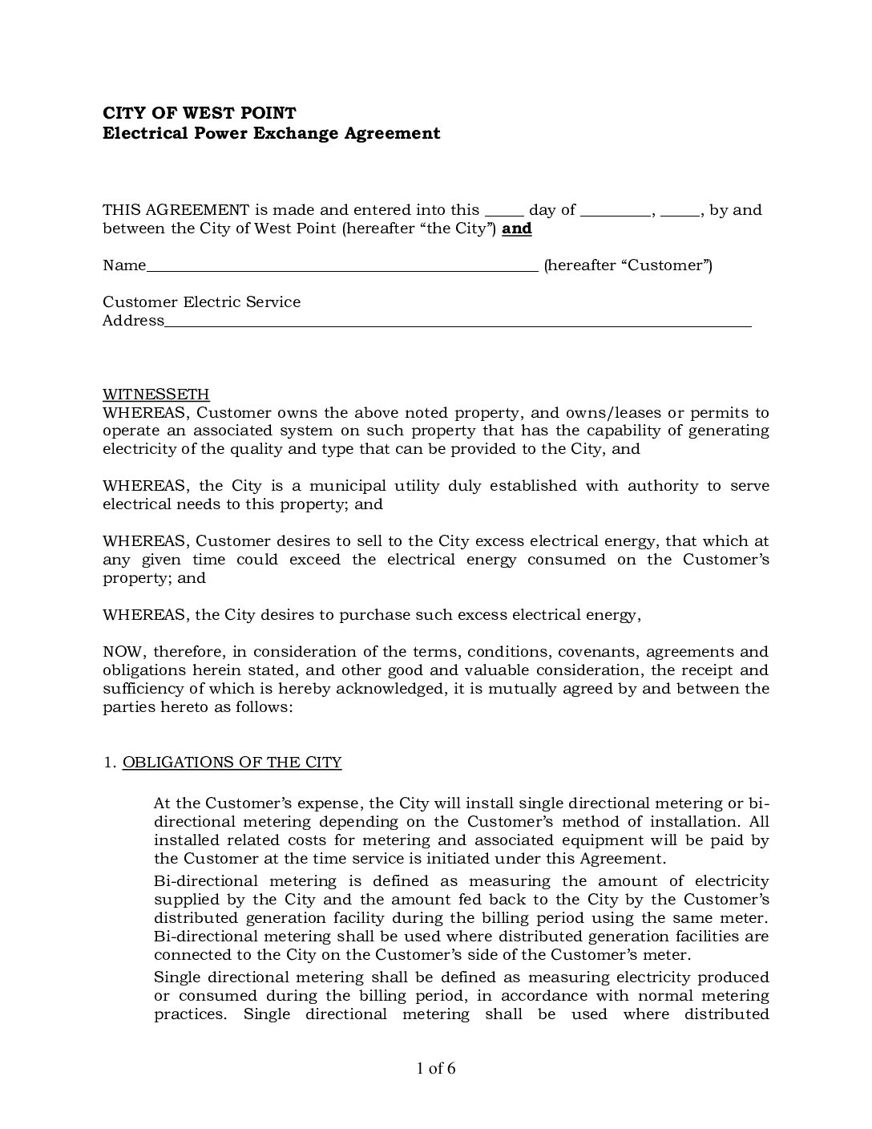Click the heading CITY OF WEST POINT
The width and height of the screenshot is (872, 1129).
coord(199,114)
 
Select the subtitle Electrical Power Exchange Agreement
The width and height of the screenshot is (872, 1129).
coord(271,133)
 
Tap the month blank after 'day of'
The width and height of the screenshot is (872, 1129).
coord(615,212)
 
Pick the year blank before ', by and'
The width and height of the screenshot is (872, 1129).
coord(681,212)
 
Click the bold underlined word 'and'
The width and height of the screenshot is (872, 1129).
coord(517,229)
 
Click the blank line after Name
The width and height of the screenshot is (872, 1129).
coord(342,266)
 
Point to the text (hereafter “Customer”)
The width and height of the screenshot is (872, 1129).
coord(628,265)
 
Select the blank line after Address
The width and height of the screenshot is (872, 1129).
coord(458,322)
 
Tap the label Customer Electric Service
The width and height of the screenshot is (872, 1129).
coord(201,302)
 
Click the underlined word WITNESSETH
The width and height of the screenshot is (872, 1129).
coord(156,395)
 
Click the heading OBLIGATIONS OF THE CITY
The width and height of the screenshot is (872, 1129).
coord(232,763)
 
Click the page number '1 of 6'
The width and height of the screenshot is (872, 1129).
coord(436,1069)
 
